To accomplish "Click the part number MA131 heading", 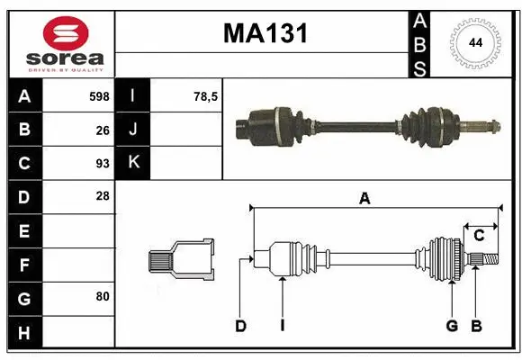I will (x=265, y=34).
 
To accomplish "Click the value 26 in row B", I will (x=102, y=130).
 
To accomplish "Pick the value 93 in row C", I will (x=102, y=164).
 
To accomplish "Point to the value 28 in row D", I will (x=102, y=196).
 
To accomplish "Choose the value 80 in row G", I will (x=102, y=296).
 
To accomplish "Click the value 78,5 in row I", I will (x=207, y=96).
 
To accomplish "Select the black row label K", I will (x=133, y=163).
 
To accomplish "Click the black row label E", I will (x=23, y=230).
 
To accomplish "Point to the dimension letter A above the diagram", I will (x=364, y=199).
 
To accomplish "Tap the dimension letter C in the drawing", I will (x=479, y=236).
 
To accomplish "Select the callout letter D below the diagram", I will (x=240, y=327).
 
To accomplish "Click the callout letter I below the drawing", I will (x=282, y=327).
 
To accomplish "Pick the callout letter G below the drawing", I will (x=452, y=327).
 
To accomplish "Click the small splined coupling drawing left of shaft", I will (x=181, y=258).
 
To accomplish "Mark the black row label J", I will (x=133, y=130).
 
